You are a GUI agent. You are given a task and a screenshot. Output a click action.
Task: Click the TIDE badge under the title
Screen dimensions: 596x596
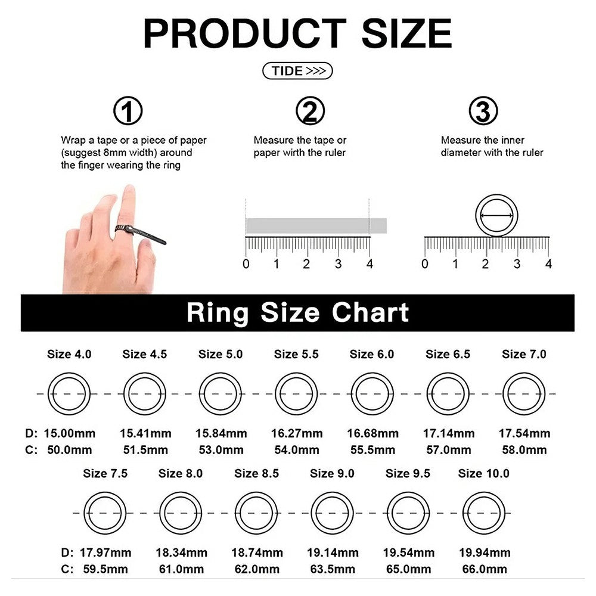pos(297,71)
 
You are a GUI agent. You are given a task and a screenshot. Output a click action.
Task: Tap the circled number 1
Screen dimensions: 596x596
pos(128,111)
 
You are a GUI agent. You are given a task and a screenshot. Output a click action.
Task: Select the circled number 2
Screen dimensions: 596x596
pos(310,111)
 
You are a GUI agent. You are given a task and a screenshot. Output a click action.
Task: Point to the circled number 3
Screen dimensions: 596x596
pos(483,111)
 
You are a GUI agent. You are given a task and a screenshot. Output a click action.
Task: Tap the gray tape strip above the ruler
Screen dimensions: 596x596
pos(316,226)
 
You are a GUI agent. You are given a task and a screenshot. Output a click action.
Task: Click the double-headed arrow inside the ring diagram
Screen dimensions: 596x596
pos(496,216)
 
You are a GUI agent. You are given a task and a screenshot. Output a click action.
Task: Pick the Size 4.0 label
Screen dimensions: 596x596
pos(69,354)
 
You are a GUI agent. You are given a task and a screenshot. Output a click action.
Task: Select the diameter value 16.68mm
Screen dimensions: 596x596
pos(372,433)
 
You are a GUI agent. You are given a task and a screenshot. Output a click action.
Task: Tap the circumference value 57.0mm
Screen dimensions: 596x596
pos(449,450)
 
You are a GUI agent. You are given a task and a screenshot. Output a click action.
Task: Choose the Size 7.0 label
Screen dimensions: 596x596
pos(524,354)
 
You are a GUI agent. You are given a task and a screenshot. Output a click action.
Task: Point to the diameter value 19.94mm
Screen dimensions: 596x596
pos(485,552)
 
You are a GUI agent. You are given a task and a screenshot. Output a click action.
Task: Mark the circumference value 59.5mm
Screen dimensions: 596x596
pos(105,569)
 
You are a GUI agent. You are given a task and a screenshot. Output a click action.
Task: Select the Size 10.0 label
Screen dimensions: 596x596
pos(483,474)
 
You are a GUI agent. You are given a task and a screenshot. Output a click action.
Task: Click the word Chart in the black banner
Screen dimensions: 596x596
pos(370,312)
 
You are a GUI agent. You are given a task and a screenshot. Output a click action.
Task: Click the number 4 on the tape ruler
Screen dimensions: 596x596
pos(370,264)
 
